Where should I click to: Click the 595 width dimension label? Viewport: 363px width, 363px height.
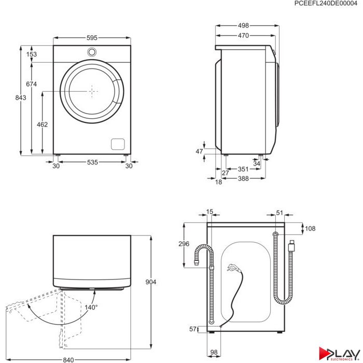pos(92,38)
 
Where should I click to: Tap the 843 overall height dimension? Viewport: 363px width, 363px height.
pos(21,97)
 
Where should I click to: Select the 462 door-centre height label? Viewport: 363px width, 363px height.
pos(42,124)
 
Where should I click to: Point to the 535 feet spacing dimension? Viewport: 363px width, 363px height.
pos(92,162)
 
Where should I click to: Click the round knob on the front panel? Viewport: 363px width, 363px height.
pos(92,52)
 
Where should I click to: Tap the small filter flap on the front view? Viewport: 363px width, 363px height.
pos(118,144)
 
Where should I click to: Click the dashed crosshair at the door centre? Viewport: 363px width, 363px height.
pos(92,91)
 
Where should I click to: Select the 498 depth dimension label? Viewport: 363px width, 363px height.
pos(243,25)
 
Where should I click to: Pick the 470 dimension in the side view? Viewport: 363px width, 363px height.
pos(243,35)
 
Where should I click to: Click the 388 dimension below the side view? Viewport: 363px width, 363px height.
pos(243,178)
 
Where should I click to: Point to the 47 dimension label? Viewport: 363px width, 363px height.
pos(199,151)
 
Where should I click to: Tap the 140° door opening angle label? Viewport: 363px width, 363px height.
pos(91,307)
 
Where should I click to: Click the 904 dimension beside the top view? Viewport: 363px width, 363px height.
pos(151,282)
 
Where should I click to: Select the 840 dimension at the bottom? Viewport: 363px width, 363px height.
pos(68,360)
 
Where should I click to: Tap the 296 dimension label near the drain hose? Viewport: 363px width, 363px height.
pos(184,244)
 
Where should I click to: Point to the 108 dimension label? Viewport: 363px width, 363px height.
pos(310,229)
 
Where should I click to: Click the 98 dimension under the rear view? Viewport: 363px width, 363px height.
pos(214,352)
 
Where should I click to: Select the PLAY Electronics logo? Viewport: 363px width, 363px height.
pos(339,354)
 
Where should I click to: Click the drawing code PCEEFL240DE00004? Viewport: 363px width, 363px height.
pos(326,4)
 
